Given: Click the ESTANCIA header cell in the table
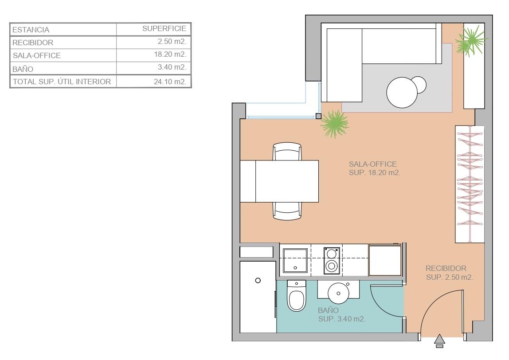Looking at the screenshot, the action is coord(31,30).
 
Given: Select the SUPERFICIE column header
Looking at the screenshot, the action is coord(164,28).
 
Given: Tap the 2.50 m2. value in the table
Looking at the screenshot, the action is coord(172,41).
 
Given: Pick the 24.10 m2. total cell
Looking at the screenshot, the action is coord(170,82).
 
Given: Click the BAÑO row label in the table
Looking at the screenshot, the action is coord(23,69).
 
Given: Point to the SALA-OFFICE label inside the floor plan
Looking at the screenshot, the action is coord(372,164).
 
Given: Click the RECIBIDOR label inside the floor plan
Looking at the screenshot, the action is coord(446,269).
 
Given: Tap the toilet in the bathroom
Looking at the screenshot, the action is coord(296,296).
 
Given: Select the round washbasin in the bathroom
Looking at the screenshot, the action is coord(338,293).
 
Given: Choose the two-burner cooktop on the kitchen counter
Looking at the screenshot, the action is coord(332,260).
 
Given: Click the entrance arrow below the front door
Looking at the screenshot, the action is coord(439,341).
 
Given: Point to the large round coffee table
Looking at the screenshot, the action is coord(402,93).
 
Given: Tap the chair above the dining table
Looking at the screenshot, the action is coord(287,151).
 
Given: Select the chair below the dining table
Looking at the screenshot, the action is coord(287,211).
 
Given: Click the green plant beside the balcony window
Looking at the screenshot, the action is coord(334,124).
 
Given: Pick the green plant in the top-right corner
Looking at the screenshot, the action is coord(471,41).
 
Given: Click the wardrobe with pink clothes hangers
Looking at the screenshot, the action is coord(470,184).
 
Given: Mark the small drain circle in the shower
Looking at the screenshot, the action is coord(258,281).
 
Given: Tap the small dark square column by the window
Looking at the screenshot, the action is coord(318,116).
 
